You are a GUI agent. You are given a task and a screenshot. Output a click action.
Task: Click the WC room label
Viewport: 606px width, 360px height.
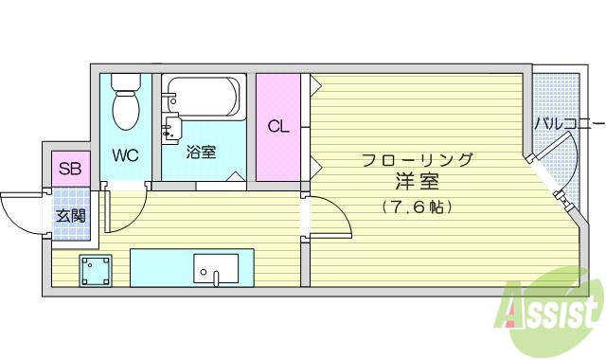click(x=125, y=155)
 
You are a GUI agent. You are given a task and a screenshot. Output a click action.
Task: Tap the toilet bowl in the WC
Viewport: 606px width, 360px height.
click(x=126, y=110)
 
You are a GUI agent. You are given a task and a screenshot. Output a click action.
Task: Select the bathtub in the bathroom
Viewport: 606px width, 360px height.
click(x=204, y=97)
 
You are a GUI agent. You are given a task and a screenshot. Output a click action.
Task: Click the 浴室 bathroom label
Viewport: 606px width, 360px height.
click(x=201, y=152)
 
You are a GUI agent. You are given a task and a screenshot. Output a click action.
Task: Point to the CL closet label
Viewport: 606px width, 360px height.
click(x=278, y=126)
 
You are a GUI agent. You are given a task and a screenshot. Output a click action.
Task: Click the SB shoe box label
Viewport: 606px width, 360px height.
click(x=70, y=169)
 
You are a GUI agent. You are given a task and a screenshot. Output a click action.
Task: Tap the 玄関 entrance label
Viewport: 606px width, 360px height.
click(x=71, y=216)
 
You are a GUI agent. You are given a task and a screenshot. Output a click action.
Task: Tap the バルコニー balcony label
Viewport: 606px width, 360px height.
click(x=569, y=124)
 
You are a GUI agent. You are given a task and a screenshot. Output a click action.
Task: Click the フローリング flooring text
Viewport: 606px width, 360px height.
click(x=418, y=159)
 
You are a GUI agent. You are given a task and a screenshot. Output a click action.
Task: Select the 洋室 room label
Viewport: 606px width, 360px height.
click(x=417, y=182)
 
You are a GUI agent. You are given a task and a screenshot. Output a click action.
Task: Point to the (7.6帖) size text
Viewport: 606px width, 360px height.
click(x=417, y=207)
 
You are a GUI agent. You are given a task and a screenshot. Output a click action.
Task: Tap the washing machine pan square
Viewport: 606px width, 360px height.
click(x=96, y=271)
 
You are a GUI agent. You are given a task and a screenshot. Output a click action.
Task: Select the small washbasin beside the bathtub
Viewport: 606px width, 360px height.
click(x=171, y=129)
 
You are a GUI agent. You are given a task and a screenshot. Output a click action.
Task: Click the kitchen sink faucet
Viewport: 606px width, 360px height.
click(x=216, y=278)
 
